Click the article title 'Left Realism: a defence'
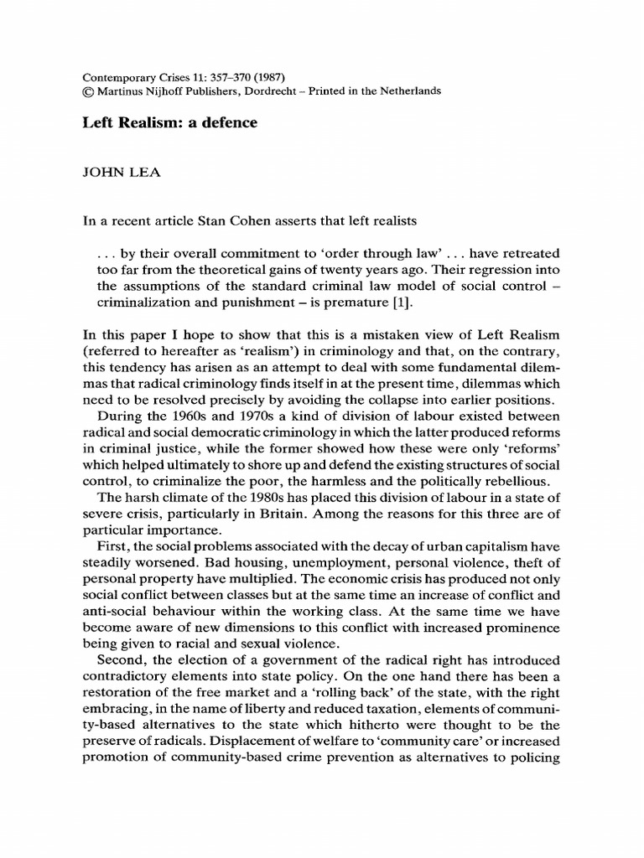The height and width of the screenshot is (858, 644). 169,122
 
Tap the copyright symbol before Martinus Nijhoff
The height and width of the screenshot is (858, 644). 87,91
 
